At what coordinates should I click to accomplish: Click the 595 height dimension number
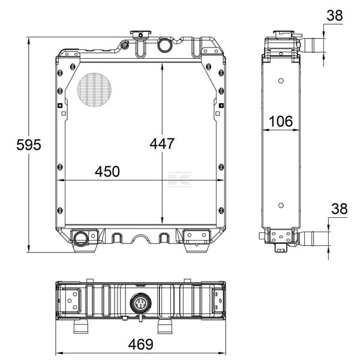[x=29, y=145]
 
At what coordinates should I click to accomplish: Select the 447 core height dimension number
[x=162, y=144]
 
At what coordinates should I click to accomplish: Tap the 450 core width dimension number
[x=107, y=172]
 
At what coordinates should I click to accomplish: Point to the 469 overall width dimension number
[x=140, y=344]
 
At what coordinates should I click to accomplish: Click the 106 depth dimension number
[x=281, y=121]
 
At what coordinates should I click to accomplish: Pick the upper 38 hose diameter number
[x=335, y=16]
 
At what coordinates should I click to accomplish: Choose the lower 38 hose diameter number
[x=340, y=209]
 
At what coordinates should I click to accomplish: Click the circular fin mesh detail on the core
[x=94, y=90]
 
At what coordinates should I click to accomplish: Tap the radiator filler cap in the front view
[x=140, y=34]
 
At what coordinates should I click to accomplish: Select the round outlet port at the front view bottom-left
[x=80, y=238]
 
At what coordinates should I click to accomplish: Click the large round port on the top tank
[x=165, y=45]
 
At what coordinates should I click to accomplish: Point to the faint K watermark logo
[x=180, y=179]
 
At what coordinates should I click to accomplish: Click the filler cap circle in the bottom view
[x=140, y=303]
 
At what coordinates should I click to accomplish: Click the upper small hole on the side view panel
[x=281, y=81]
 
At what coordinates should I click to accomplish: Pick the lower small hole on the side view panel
[x=281, y=205]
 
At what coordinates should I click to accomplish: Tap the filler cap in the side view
[x=286, y=34]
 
